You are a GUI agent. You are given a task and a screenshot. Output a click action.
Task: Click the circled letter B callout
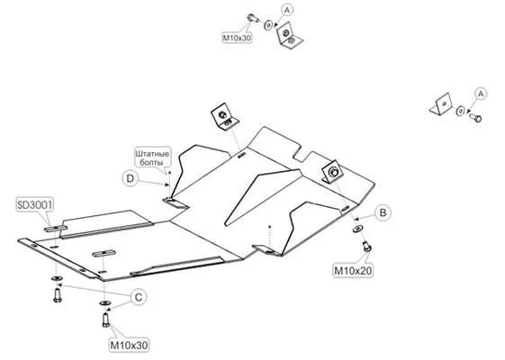tap(383, 212)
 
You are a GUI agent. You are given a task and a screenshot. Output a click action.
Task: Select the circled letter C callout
tap(139, 297)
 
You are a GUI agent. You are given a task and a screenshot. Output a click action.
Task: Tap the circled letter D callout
tap(131, 178)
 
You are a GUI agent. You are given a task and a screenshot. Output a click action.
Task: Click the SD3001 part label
tap(34, 205)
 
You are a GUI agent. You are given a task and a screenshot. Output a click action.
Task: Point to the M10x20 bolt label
tap(353, 271)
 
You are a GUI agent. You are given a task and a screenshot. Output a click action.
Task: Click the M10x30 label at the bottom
tap(129, 346)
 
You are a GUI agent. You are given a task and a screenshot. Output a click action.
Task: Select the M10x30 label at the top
tap(237, 38)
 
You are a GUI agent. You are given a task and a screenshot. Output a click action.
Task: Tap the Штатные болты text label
tap(152, 157)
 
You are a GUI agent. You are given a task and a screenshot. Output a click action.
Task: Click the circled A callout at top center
tap(287, 10)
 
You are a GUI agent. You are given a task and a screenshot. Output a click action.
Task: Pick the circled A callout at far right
tap(481, 94)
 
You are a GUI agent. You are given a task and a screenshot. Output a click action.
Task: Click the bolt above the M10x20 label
tap(366, 247)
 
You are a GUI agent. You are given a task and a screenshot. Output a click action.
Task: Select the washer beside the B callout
tap(357, 229)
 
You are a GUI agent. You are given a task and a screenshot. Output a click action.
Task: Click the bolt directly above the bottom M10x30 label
tap(106, 319)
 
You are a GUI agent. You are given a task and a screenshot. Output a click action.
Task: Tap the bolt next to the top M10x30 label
tap(253, 18)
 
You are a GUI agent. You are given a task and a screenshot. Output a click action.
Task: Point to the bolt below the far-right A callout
tap(475, 117)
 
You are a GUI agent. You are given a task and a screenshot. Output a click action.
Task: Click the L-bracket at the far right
tap(440, 104)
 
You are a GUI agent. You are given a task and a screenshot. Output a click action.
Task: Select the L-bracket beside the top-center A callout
tap(289, 35)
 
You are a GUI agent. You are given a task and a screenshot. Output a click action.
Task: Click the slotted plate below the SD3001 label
tap(56, 229)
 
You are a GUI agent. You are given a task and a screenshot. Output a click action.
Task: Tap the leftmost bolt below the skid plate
tap(57, 295)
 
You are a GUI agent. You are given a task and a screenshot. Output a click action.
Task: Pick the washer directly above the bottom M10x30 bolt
tap(104, 302)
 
